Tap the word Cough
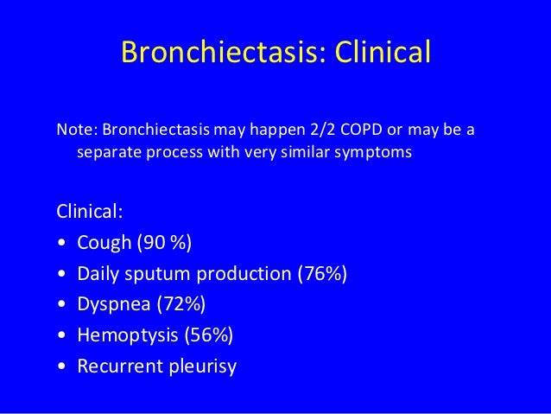(103, 243)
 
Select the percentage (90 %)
(163, 243)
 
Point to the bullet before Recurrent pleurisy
(60, 367)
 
